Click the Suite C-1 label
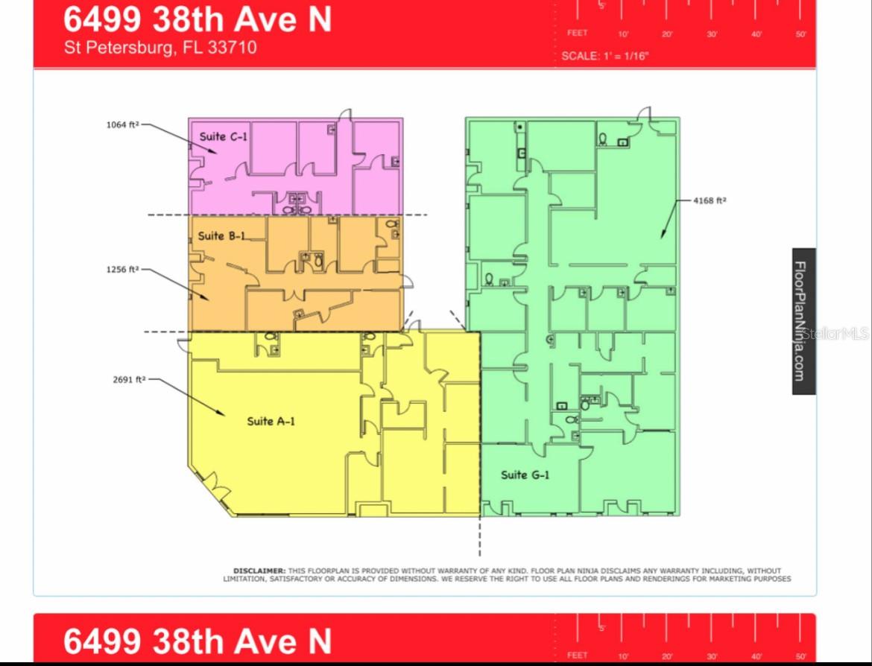tap(223, 137)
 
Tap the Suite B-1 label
tap(221, 236)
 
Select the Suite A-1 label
tap(271, 422)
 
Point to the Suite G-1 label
tap(525, 475)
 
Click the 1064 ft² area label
tap(123, 125)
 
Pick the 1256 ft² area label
tap(123, 270)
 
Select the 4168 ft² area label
tap(710, 200)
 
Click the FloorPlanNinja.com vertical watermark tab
tap(803, 320)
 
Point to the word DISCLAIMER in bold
tap(259, 571)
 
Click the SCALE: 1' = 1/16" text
tap(604, 56)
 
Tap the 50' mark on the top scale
tap(801, 34)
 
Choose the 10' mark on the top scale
tap(623, 34)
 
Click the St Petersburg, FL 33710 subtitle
tap(160, 48)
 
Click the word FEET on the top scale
tap(577, 33)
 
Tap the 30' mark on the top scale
tap(712, 34)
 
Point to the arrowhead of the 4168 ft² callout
tap(662, 236)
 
